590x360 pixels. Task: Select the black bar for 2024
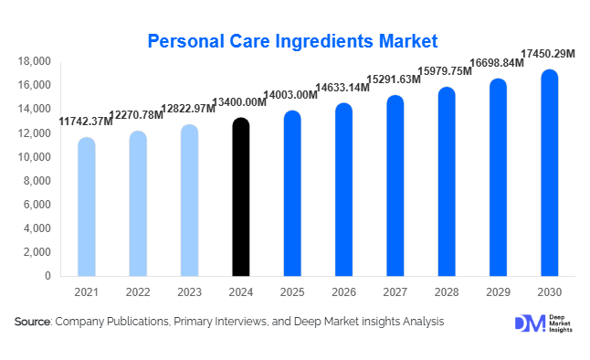pos(240,196)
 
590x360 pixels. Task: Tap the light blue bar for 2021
pos(86,206)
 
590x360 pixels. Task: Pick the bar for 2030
pos(549,173)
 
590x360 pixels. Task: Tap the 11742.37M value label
pos(86,122)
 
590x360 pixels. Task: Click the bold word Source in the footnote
pos(32,323)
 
